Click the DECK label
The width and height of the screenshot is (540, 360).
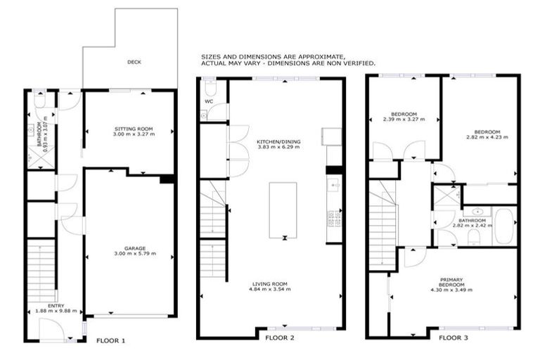coord(134,62)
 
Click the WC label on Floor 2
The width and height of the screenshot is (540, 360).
coord(209,101)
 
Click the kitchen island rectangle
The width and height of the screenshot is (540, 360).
coord(283,210)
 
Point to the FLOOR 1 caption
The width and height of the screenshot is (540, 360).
coord(110,340)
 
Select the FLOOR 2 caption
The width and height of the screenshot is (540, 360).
coord(280,337)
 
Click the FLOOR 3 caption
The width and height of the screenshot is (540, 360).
coord(454,337)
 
